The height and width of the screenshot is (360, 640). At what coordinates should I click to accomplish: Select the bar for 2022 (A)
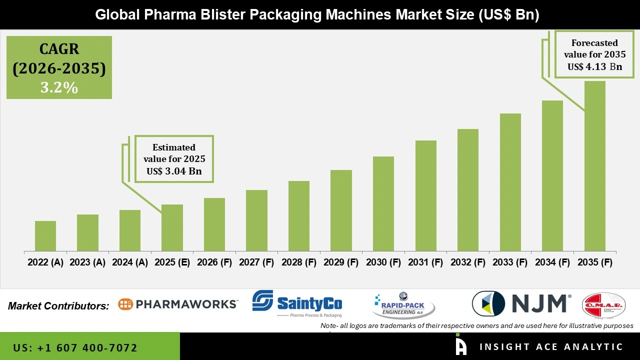click(45, 236)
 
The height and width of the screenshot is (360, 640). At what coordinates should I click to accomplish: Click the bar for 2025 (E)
click(172, 227)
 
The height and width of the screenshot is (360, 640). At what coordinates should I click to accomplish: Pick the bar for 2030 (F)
click(383, 203)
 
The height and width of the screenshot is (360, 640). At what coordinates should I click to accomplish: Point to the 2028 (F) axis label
click(299, 262)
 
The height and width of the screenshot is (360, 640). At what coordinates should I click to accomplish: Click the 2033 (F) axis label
click(510, 262)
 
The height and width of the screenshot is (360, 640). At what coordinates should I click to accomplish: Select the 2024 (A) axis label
click(130, 262)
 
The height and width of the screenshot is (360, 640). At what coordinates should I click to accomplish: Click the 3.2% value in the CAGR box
click(59, 87)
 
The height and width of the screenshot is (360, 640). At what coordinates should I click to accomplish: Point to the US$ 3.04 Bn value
click(174, 171)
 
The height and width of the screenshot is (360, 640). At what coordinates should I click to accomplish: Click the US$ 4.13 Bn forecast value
click(594, 66)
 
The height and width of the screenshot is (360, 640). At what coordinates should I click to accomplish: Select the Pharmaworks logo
click(178, 304)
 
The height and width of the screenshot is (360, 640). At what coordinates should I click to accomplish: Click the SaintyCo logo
click(297, 302)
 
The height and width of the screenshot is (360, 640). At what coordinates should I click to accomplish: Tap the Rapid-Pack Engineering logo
click(404, 305)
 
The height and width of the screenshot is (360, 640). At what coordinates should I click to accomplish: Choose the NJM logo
click(521, 303)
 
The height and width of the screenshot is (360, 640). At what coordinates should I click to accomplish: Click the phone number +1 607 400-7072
click(75, 347)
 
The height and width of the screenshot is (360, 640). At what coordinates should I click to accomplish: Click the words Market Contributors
click(58, 306)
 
